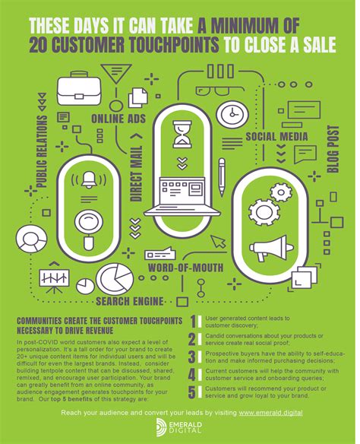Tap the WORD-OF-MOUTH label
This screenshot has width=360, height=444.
186,268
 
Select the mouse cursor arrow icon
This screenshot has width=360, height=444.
219,241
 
